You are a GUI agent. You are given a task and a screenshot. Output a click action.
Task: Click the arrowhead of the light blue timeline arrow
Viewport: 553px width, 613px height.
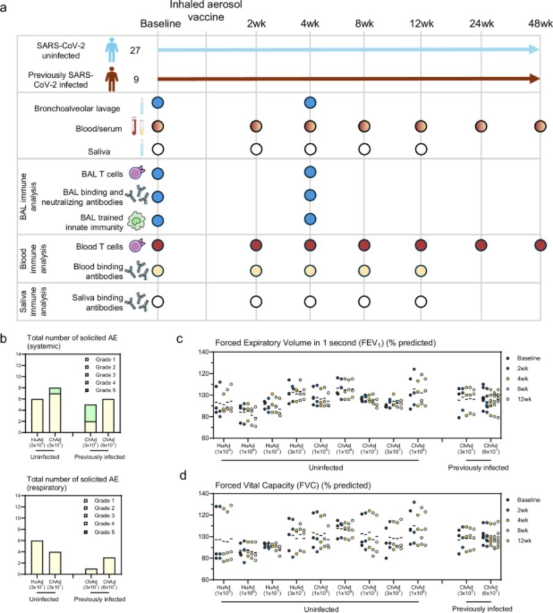pos(535,50)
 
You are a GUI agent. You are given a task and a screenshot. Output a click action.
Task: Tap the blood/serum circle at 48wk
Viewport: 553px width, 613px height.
pos(540,126)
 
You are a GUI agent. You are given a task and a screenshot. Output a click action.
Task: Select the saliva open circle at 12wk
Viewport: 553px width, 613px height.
pos(421,149)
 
